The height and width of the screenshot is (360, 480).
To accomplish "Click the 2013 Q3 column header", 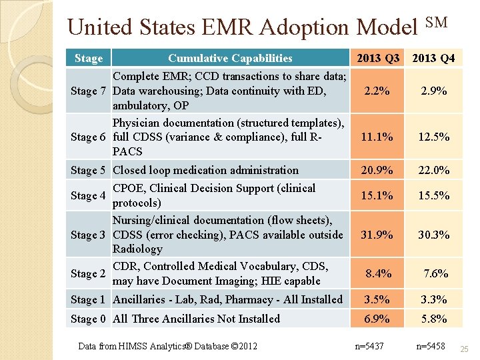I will (378, 58).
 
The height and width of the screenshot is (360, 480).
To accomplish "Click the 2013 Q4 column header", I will (434, 58).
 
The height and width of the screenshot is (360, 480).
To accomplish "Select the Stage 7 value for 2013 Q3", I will (377, 91).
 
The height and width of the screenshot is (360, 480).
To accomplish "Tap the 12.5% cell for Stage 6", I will (433, 137).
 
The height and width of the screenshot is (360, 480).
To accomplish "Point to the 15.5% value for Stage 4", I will (433, 195).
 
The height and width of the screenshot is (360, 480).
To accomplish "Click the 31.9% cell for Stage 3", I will (377, 235).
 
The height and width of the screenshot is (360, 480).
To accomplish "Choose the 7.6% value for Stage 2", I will (436, 273).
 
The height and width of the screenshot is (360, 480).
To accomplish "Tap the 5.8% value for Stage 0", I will (433, 319).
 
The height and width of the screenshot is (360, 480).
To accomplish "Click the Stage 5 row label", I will (89, 170).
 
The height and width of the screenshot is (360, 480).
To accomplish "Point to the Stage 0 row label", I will (89, 319).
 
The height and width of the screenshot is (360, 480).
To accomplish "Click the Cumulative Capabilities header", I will (230, 58).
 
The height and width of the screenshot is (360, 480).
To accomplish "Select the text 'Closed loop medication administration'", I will (205, 170).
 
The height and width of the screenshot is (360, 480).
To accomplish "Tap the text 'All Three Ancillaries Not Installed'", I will (196, 319).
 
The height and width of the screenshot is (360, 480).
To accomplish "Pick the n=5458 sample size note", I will (430, 346).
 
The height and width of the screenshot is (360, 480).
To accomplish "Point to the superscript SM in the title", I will (436, 23).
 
